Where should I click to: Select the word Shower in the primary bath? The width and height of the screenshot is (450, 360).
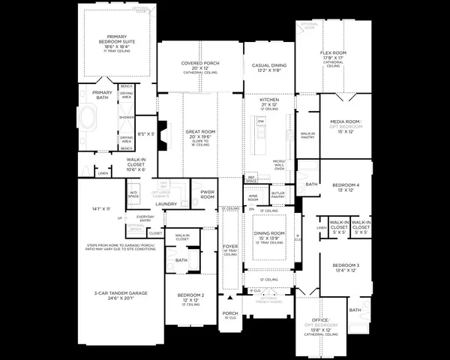tap(126, 118)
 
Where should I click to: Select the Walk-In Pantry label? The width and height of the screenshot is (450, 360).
tap(307, 136)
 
